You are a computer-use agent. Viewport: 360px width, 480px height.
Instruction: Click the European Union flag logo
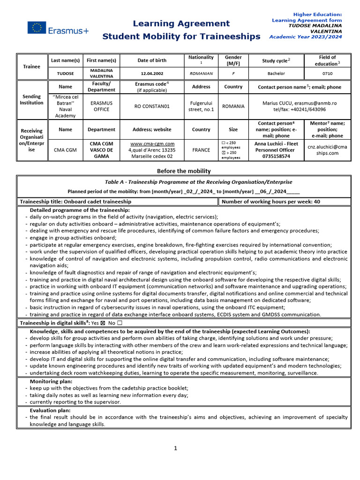tap(37, 28)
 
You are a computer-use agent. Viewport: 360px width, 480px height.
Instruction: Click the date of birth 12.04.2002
tap(151, 74)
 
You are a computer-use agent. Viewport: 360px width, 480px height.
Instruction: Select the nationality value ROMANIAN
tap(201, 74)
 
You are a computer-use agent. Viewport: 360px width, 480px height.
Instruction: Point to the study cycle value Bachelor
tap(276, 74)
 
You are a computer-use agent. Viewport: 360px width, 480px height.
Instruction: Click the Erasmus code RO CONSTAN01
tap(151, 106)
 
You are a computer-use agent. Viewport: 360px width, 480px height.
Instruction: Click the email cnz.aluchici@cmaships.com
tap(327, 150)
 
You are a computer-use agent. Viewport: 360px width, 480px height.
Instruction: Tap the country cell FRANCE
tap(201, 150)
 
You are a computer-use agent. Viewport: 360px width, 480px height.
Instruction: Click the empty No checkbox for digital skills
tap(120, 323)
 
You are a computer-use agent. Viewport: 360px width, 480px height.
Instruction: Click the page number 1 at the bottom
tap(176, 448)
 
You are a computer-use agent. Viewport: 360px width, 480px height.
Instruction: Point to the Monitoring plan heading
tap(51, 382)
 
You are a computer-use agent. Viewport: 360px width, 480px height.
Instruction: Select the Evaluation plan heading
tap(50, 410)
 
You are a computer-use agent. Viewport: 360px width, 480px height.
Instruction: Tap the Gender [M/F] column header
tap(233, 60)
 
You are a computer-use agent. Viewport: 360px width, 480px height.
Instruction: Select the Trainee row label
tap(32, 67)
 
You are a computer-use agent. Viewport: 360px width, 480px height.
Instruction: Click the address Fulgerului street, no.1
tap(201, 106)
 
